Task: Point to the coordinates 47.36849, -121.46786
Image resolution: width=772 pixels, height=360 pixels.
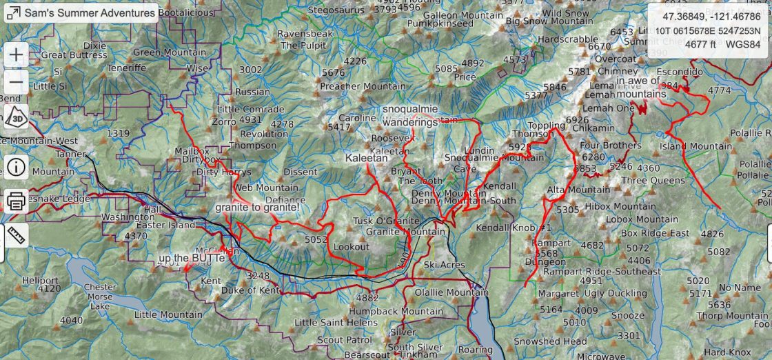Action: point(712,17)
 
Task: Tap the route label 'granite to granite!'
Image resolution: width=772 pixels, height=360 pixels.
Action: point(257,207)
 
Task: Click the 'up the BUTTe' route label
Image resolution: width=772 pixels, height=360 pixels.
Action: point(192,259)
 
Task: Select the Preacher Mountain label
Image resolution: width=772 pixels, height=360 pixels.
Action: point(363,86)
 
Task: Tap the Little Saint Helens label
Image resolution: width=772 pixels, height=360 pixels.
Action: point(336,322)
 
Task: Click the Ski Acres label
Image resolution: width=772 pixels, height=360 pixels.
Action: point(445,265)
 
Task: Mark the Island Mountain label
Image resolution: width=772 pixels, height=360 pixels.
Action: point(686,146)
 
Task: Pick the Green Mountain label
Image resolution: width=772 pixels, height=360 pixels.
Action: point(169,52)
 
